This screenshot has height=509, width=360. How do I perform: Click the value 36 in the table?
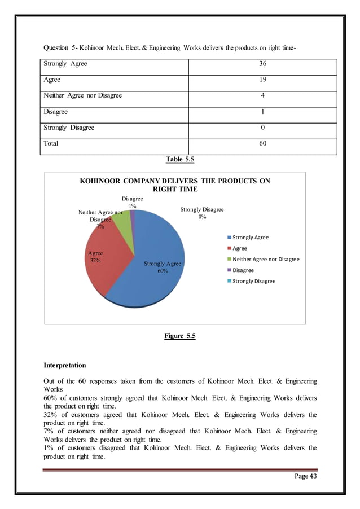262,64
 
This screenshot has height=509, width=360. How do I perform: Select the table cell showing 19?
262,80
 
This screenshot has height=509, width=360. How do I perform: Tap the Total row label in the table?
51,143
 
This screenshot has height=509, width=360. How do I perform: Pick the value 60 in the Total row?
262,143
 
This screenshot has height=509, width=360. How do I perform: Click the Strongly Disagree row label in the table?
69,128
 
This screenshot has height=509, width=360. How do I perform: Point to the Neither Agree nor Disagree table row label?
83,96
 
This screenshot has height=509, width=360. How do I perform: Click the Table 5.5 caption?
179,160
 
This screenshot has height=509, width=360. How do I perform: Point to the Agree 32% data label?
95,257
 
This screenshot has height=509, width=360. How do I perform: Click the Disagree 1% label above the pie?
132,203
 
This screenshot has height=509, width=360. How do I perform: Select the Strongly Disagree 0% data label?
201,213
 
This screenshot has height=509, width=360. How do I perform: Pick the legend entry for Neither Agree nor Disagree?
265,259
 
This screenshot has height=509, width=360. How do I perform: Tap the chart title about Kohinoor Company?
175,185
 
